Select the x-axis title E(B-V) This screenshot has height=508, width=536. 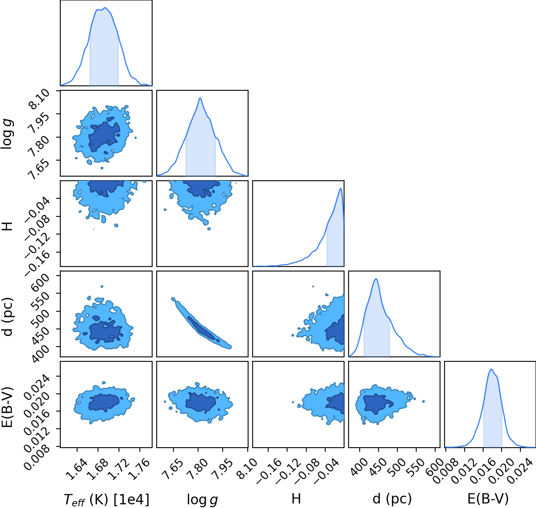click(488, 499)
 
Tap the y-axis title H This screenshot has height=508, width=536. click(7, 226)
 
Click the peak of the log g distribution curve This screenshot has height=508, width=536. click(201, 98)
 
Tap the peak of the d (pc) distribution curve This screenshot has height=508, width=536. click(376, 279)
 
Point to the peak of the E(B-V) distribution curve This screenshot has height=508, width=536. click(491, 369)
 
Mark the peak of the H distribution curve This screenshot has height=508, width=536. click(340, 188)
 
